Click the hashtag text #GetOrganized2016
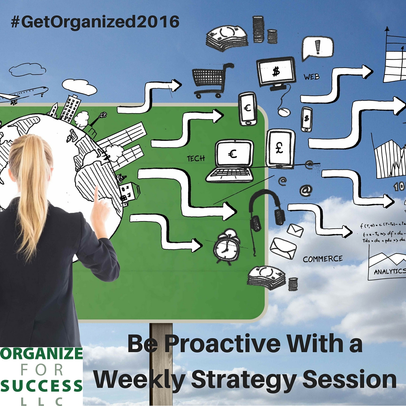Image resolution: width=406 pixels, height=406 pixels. point(95,23)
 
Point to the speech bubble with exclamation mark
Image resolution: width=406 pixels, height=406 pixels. point(318,48)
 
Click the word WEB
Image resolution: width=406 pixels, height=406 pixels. point(312,77)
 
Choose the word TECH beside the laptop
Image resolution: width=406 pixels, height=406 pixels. point(196,159)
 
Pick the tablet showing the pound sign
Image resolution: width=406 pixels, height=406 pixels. point(280,148)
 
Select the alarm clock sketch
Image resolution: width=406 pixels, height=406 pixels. point(227,246)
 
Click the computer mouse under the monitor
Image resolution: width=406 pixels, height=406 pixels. point(284,112)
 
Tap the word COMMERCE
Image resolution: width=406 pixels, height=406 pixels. point(323,259)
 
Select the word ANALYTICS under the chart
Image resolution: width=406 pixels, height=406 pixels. point(389,271)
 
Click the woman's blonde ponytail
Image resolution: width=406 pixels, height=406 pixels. point(32,188)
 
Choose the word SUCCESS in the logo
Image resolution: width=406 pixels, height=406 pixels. point(41,386)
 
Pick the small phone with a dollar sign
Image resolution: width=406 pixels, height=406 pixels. point(306,119)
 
